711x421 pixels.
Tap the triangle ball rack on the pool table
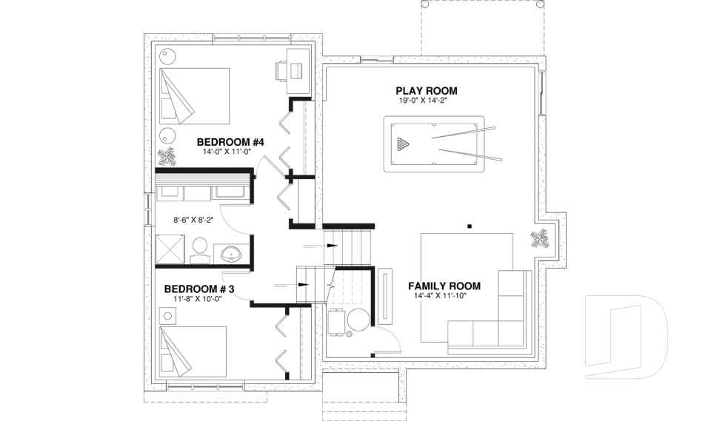pyautogui.click(x=401, y=143)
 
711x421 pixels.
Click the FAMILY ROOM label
pyautogui.click(x=444, y=286)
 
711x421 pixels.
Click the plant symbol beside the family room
pyautogui.click(x=538, y=239)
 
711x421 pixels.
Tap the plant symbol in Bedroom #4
pyautogui.click(x=167, y=157)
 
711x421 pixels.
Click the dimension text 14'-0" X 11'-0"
pyautogui.click(x=227, y=151)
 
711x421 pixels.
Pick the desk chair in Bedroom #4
pyautogui.click(x=281, y=70)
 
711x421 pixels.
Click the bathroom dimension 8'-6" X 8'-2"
pyautogui.click(x=193, y=220)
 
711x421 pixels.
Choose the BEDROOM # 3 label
pyautogui.click(x=198, y=289)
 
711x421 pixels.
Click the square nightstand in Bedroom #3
pyautogui.click(x=168, y=315)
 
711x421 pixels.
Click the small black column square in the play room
pyautogui.click(x=470, y=226)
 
